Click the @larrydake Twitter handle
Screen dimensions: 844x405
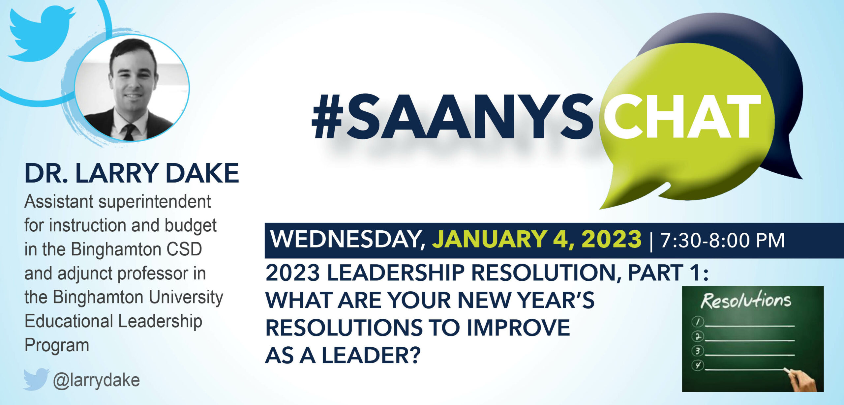point(96,380)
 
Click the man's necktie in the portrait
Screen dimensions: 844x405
point(129,132)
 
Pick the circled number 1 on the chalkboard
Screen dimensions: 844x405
point(697,322)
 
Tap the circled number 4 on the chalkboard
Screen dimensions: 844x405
point(698,365)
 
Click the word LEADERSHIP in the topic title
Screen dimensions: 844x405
point(396,273)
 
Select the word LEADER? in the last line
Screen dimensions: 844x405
point(371,356)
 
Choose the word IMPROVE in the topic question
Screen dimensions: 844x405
point(518,328)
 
